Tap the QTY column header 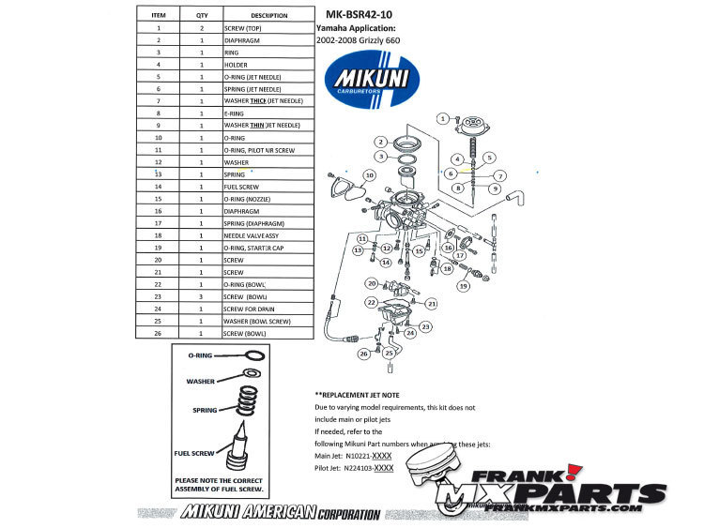point(202,16)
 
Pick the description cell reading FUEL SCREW point(243,188)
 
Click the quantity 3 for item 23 point(202,296)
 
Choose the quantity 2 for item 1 point(202,29)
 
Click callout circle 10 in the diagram point(370,175)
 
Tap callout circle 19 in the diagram point(463,285)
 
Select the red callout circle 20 point(372,283)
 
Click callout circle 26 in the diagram point(362,354)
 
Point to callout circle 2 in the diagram point(382,141)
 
